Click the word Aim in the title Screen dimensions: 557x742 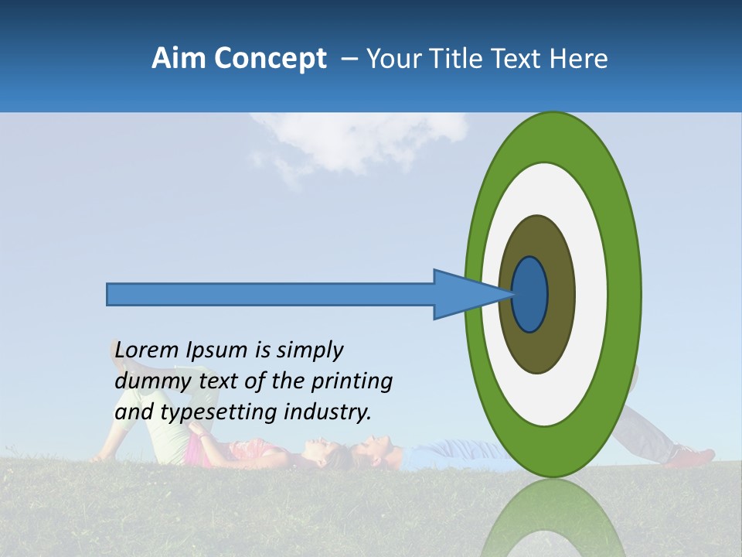(178, 59)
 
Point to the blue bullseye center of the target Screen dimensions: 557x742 (530, 294)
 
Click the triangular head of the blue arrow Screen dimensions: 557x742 (464, 294)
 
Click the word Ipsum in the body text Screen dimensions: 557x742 (217, 351)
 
